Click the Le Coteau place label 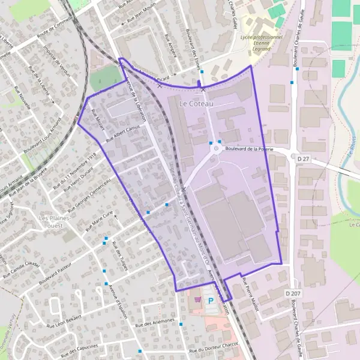[x=196, y=104]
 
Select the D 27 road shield [x=302, y=158]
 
